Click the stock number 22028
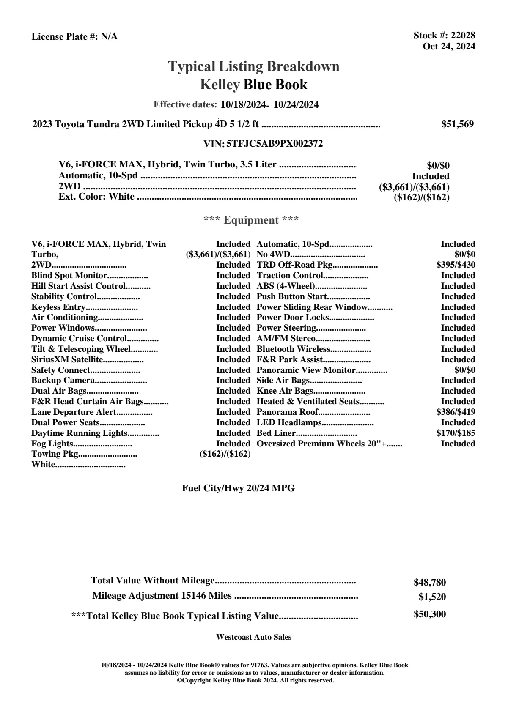tap(463, 36)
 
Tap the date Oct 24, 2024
tap(449, 47)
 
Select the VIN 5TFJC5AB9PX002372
tap(275, 144)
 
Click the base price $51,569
tap(457, 124)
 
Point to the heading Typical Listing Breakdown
tap(254, 66)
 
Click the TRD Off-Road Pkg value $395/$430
tap(456, 265)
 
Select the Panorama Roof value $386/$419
tap(456, 412)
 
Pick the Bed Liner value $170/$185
tap(456, 433)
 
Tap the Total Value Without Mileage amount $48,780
tap(429, 583)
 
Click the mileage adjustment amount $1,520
tap(432, 597)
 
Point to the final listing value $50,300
tap(429, 614)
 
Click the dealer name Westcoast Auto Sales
tap(254, 637)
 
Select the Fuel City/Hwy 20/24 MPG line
tap(238, 488)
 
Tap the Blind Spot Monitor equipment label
tap(69, 276)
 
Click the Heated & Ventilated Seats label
tap(308, 402)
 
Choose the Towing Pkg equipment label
tap(55, 454)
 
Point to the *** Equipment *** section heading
tap(251, 220)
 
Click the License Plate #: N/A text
tap(75, 37)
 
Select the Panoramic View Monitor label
tap(306, 370)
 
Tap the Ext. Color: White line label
tap(96, 197)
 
